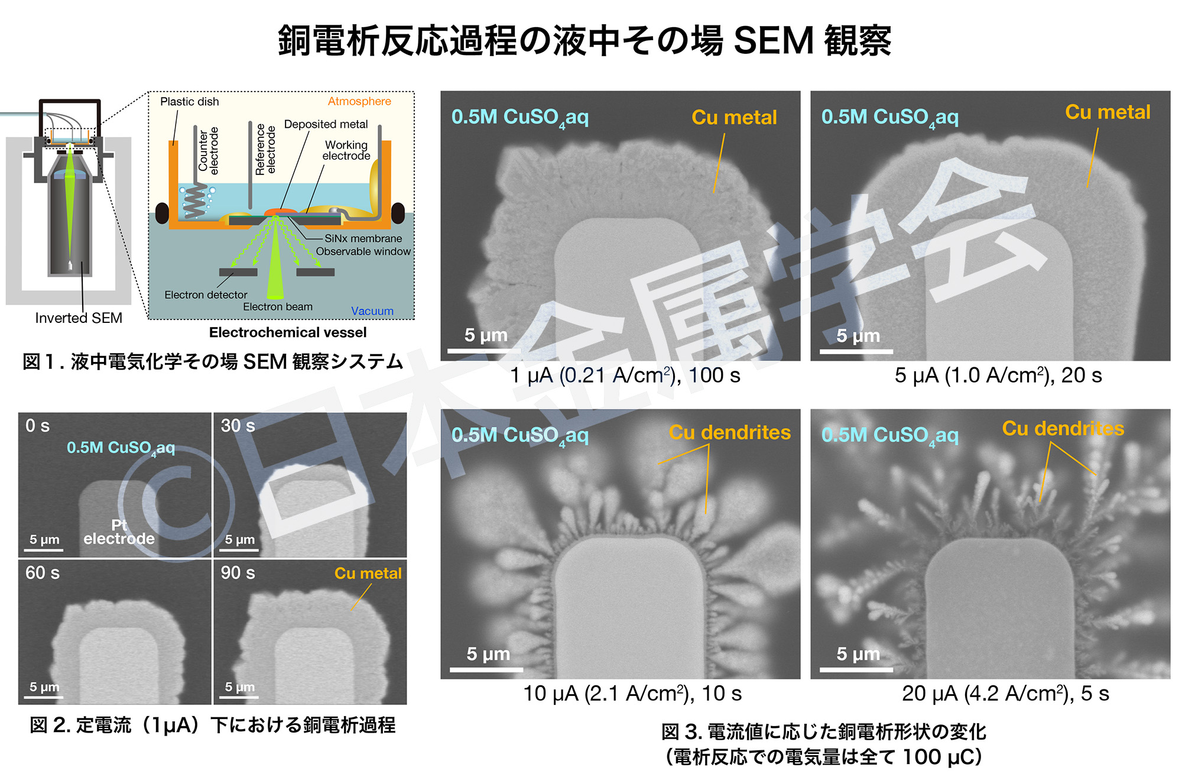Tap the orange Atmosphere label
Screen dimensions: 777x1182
point(359,101)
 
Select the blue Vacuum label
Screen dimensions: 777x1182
point(372,311)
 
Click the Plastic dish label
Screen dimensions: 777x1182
point(189,102)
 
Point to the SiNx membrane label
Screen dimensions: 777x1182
point(363,238)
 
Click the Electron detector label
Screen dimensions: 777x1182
point(206,294)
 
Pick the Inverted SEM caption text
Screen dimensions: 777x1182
point(79,318)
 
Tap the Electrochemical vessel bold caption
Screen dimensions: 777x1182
point(288,332)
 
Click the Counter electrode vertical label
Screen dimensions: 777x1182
point(208,150)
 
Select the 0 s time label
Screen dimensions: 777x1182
point(37,426)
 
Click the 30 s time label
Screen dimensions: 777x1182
point(238,426)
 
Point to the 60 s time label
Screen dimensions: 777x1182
point(42,573)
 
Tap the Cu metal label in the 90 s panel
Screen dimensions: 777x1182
point(368,574)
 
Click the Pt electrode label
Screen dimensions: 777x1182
point(119,532)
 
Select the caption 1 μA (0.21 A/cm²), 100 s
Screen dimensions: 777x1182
point(625,375)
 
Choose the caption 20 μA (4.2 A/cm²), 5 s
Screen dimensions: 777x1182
point(1005,694)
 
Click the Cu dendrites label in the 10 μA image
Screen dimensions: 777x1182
point(729,433)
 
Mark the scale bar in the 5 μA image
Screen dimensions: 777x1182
point(856,351)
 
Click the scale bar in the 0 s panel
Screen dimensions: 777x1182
point(46,549)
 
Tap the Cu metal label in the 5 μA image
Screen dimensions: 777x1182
point(1108,112)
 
